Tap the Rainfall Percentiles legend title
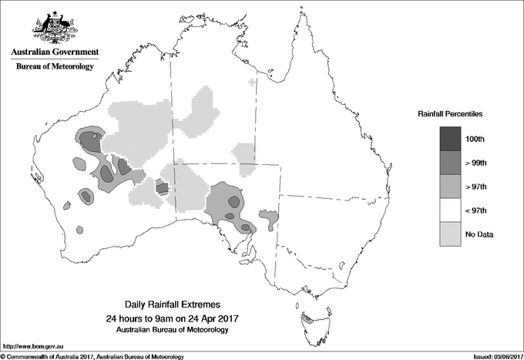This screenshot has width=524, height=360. (450, 113)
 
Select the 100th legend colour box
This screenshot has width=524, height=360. (451, 139)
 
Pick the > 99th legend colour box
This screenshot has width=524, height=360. (451, 163)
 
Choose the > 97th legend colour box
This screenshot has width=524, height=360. (451, 187)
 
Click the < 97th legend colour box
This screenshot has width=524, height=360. (451, 210)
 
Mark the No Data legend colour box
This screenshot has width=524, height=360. (451, 234)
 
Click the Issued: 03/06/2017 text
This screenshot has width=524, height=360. (492, 356)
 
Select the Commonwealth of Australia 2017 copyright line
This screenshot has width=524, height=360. (92, 356)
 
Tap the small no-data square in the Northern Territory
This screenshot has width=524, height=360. (252, 81)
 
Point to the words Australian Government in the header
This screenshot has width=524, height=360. (55, 52)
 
